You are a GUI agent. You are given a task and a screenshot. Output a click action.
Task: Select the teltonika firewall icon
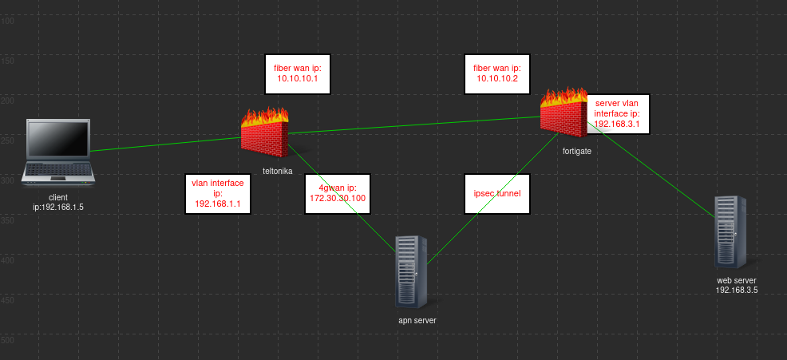265,132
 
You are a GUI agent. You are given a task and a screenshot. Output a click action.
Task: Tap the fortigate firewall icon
564,112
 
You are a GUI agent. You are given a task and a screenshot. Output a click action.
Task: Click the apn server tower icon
412,271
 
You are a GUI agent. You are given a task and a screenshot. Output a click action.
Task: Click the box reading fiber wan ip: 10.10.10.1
297,74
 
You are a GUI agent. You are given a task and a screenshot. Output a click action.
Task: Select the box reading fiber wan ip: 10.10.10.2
497,74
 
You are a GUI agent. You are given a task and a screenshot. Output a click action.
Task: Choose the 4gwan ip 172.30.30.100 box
336,193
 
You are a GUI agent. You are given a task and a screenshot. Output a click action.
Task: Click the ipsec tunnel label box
497,193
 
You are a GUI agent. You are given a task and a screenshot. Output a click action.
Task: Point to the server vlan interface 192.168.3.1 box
617,114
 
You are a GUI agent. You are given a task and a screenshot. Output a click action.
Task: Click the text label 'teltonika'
278,170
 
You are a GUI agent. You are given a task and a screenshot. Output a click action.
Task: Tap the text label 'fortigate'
575,151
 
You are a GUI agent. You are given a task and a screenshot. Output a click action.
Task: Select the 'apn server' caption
417,320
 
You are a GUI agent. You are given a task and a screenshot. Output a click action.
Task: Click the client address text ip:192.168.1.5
58,207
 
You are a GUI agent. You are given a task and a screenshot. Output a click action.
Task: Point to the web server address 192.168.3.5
737,291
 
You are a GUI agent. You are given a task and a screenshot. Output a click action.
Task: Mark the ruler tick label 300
7,180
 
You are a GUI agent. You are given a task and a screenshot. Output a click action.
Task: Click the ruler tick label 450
7,300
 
